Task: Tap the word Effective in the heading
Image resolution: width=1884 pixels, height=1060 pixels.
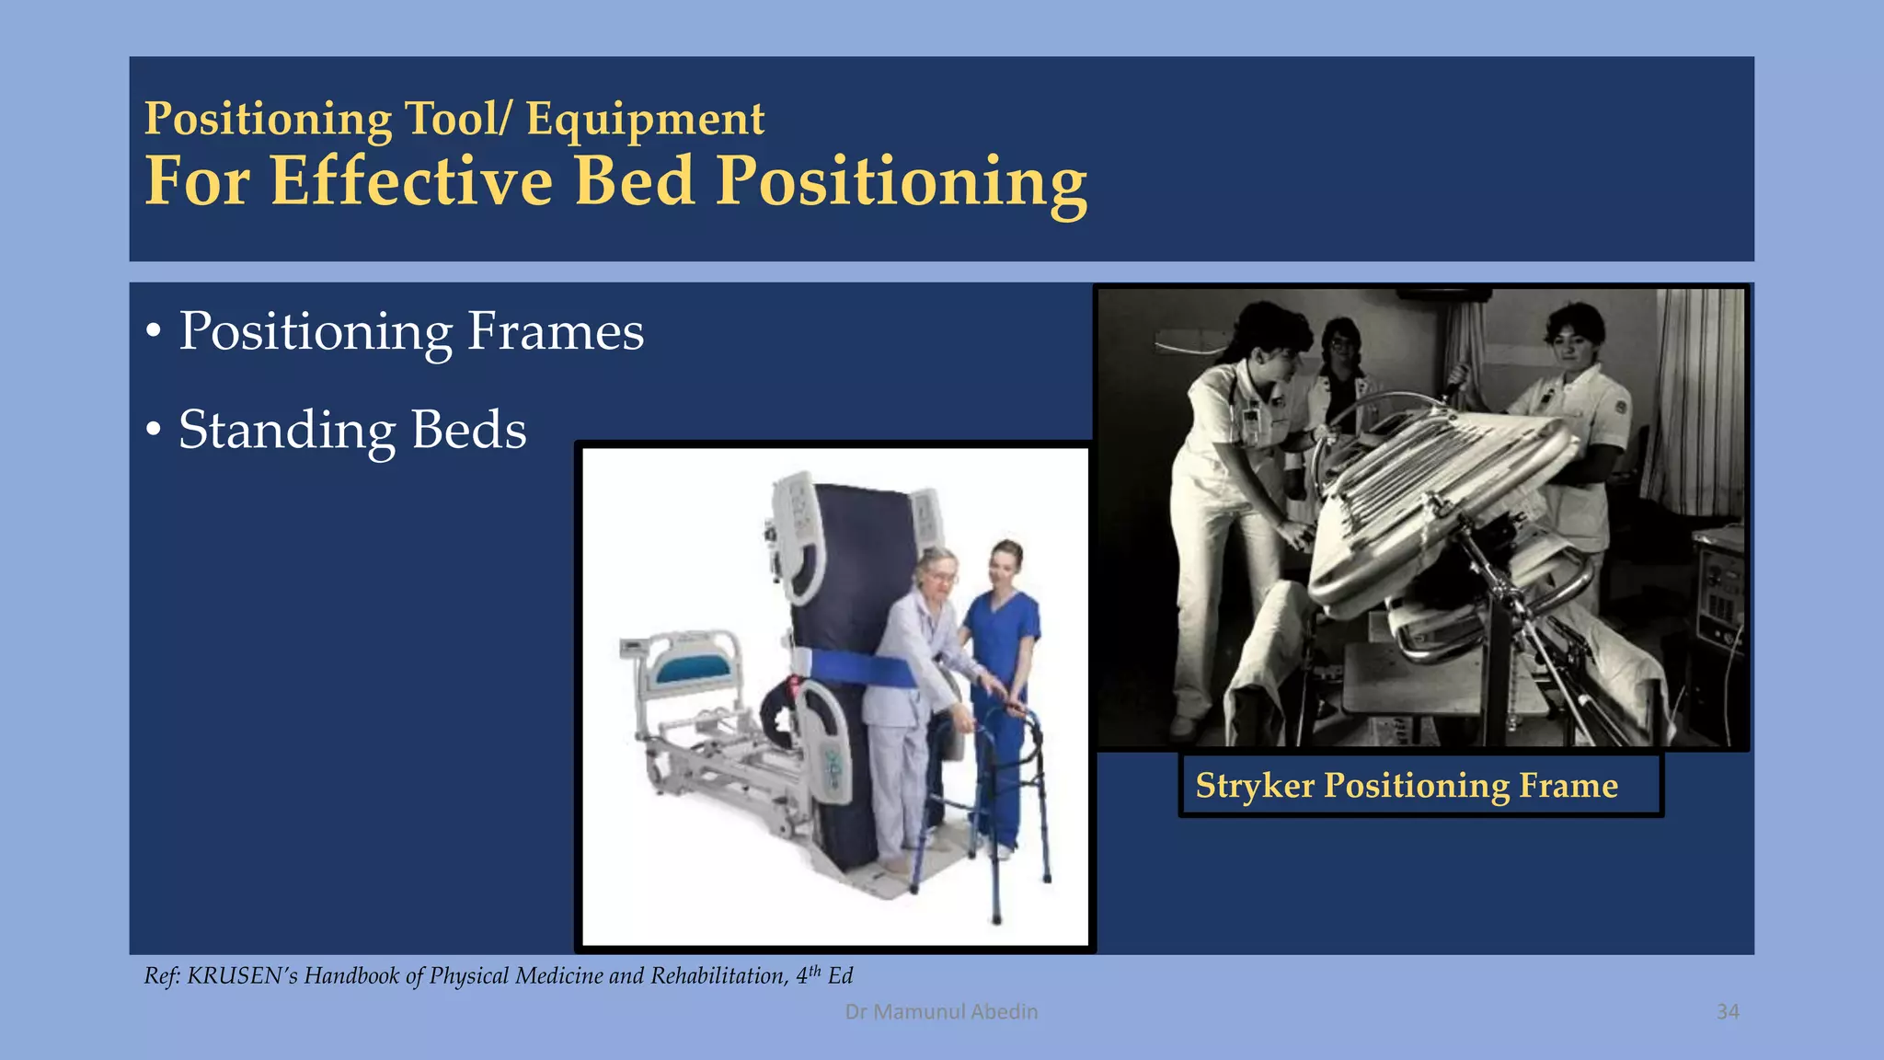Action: tap(411, 181)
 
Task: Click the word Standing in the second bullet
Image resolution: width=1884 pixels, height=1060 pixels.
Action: tap(285, 430)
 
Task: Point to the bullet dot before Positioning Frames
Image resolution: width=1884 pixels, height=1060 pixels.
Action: tap(154, 331)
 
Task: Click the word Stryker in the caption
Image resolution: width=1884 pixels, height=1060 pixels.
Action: tap(1255, 786)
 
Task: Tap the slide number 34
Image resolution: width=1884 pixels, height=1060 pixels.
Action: tap(1728, 1012)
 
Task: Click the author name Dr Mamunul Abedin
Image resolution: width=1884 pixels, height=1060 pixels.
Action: tap(941, 1012)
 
